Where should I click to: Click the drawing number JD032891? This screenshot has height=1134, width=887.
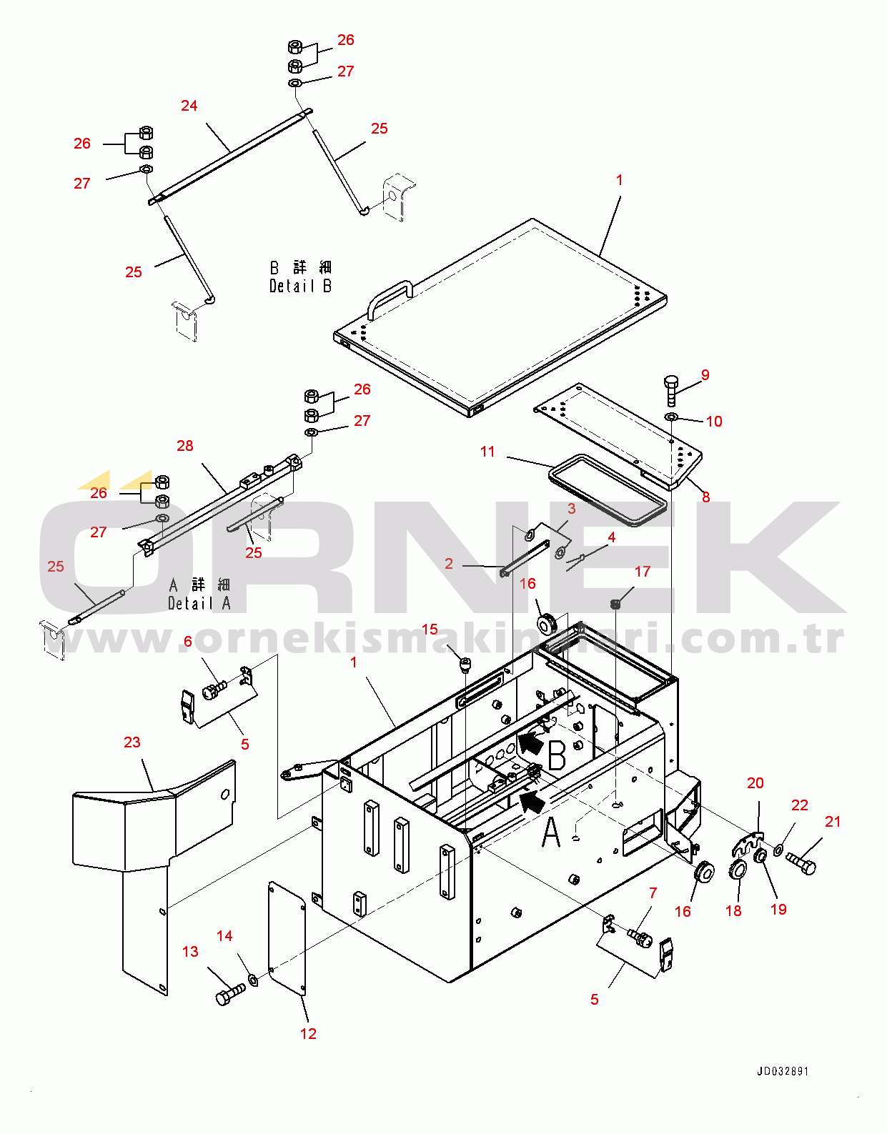tap(783, 1071)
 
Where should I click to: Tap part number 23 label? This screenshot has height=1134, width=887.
tap(132, 742)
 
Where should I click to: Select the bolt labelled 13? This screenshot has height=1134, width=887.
tap(230, 993)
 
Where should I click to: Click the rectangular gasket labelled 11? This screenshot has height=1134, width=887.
tap(608, 490)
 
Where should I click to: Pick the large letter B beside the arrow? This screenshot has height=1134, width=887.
tap(557, 755)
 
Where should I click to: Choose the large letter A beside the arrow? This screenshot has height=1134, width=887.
tap(552, 832)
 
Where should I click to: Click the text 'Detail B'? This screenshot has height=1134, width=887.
tap(300, 286)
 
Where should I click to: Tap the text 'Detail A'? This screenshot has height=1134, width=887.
tap(199, 603)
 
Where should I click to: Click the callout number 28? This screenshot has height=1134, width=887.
tap(184, 446)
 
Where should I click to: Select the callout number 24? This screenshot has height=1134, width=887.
tap(189, 106)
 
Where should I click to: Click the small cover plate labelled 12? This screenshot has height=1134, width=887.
tap(287, 939)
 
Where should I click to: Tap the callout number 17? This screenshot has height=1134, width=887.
tap(643, 572)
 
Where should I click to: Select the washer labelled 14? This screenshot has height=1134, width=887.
tap(253, 977)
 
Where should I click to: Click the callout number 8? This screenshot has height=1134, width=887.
tap(705, 497)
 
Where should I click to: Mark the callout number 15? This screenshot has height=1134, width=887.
tap(430, 629)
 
